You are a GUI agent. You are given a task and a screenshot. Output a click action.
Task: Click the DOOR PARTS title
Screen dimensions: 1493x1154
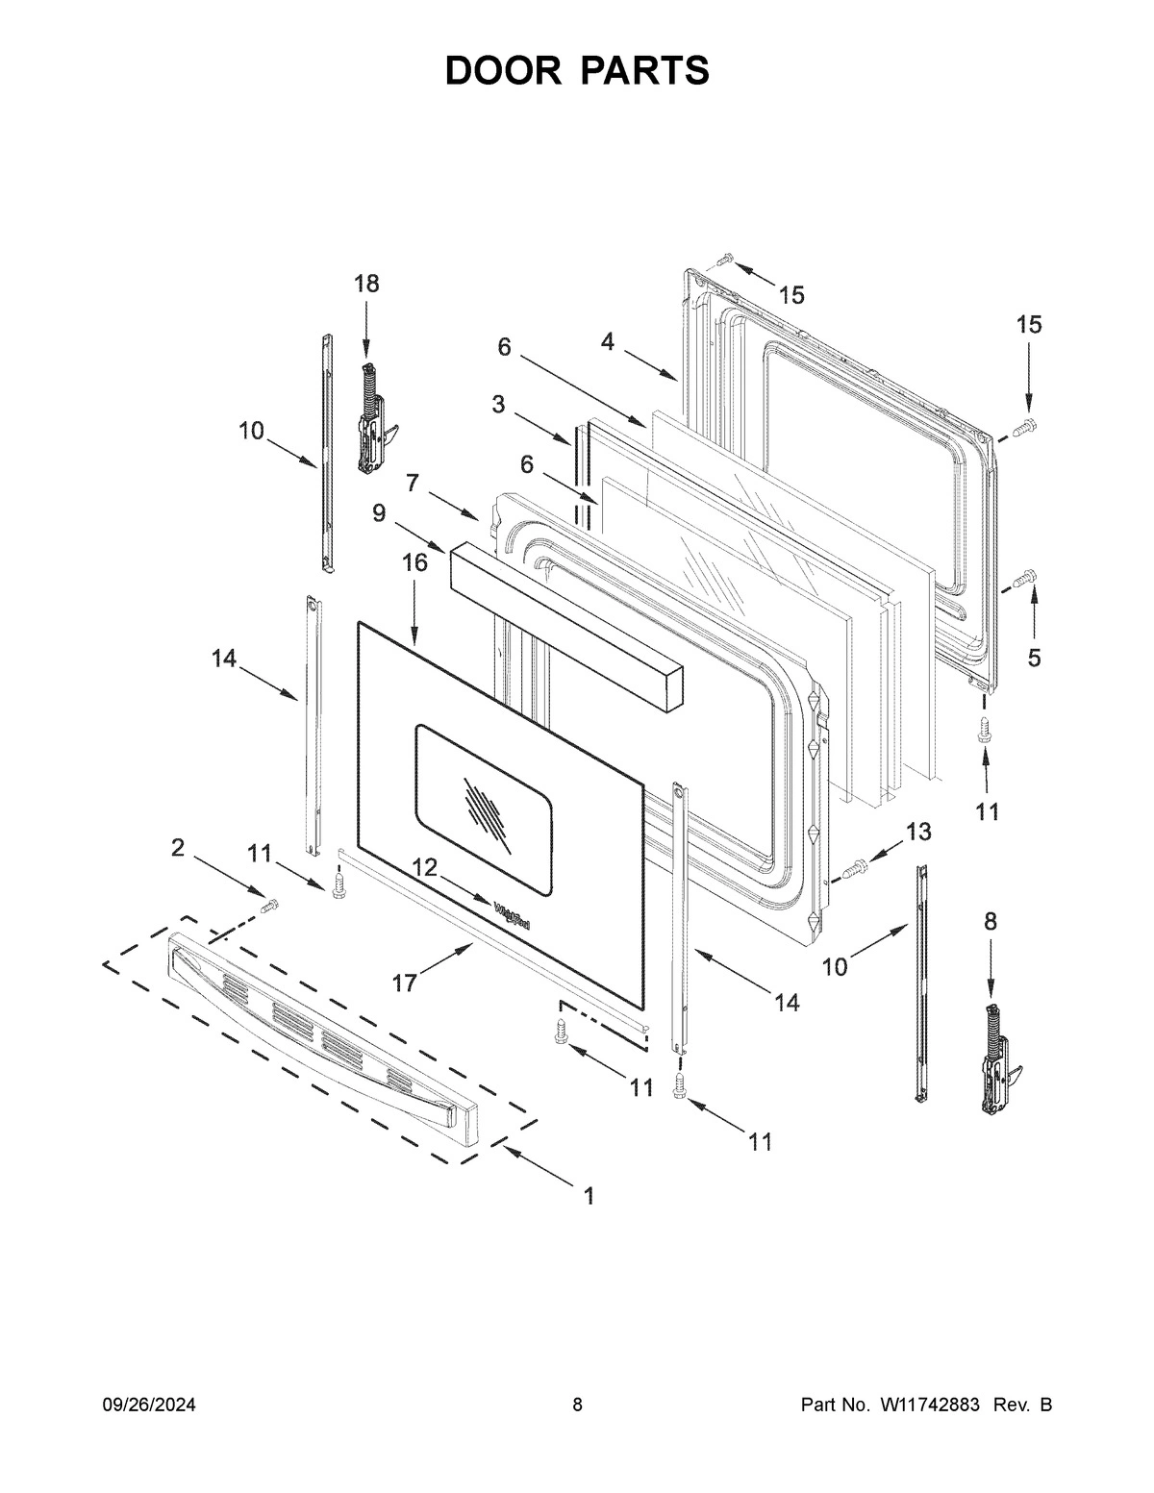577,70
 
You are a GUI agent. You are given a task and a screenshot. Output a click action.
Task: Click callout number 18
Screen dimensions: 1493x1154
366,284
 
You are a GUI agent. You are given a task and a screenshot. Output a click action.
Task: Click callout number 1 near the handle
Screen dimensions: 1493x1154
588,1196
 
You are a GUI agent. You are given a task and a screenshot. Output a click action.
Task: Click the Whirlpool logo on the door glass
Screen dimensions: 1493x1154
512,915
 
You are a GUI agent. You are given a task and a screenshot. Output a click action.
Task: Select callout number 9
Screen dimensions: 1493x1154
380,513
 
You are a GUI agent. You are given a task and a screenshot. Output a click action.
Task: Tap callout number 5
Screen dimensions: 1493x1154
1034,658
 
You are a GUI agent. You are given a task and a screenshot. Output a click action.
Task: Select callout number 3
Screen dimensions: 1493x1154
498,405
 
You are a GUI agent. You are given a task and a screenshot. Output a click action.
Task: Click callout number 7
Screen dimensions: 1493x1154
413,483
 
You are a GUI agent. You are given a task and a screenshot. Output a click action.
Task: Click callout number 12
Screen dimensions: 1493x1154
425,867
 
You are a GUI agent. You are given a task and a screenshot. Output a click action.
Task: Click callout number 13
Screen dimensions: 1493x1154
918,832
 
